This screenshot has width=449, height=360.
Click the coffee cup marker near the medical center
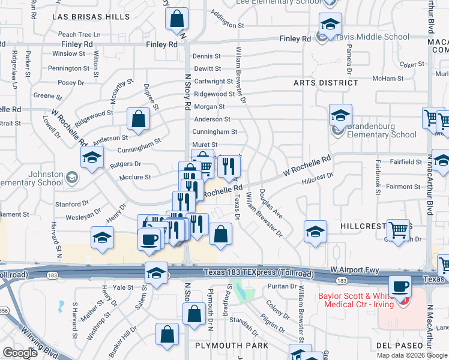coord(400,286)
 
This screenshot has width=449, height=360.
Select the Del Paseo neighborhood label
coord(410,346)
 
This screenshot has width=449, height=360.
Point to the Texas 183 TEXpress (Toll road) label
coord(258,273)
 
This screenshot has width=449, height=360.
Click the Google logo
coord(20,352)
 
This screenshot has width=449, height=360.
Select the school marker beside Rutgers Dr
coord(92,158)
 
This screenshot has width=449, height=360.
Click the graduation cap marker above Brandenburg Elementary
coord(340,115)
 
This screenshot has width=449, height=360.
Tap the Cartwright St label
coord(213,81)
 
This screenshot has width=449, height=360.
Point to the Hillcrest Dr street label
coord(317,178)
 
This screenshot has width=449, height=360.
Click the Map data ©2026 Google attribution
coord(411,355)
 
